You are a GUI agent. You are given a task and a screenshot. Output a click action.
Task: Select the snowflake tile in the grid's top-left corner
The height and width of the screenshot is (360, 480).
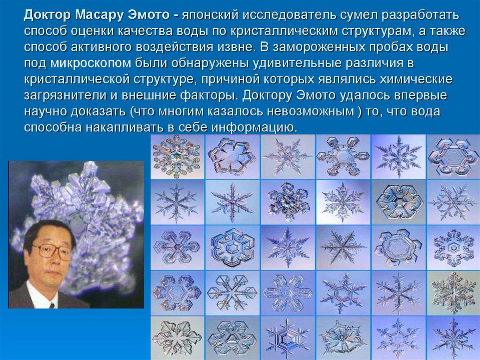click(x=176, y=157)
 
